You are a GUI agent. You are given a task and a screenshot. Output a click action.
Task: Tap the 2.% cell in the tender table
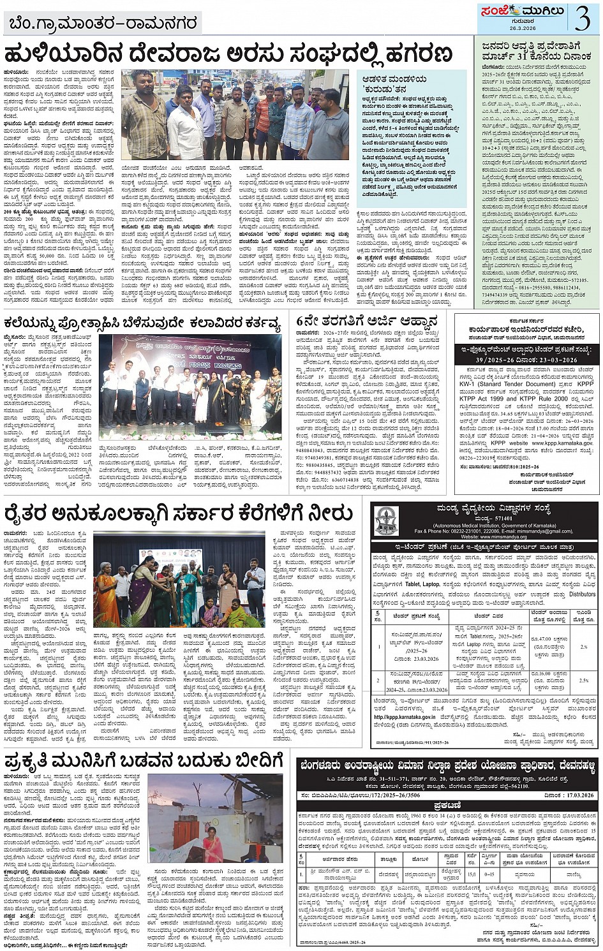click(583, 646)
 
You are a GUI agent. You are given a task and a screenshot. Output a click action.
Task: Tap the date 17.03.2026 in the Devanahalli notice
click(578, 795)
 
